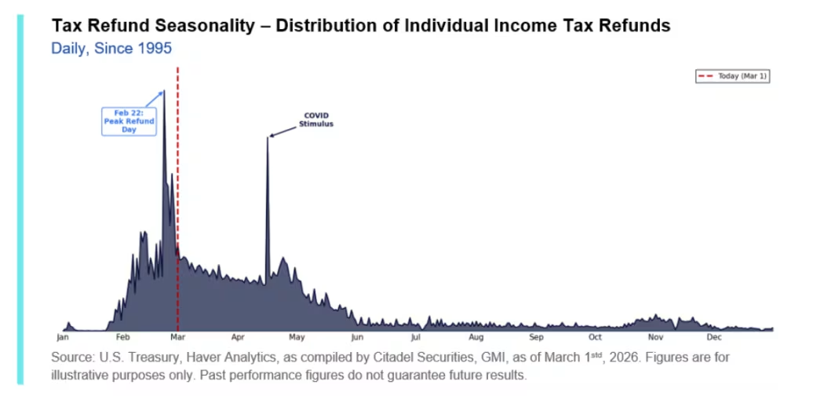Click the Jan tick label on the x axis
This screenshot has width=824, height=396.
coord(63,338)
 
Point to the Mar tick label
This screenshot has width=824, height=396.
coord(177,338)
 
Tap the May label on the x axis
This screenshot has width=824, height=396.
coord(297,338)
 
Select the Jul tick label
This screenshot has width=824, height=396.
coord(415,338)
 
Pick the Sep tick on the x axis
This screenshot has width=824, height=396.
coord(536,338)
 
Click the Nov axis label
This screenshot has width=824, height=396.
coord(655,338)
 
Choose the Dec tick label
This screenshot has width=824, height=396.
coord(713,338)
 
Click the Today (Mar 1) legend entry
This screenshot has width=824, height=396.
coord(731,76)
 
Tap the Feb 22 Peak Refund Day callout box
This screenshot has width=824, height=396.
coord(129,121)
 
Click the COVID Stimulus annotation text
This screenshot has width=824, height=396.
coord(316,119)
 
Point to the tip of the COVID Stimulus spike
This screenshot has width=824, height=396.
coord(268,137)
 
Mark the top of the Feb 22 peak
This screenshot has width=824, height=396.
coord(164,91)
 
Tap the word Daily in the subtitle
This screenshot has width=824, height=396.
coord(68,49)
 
